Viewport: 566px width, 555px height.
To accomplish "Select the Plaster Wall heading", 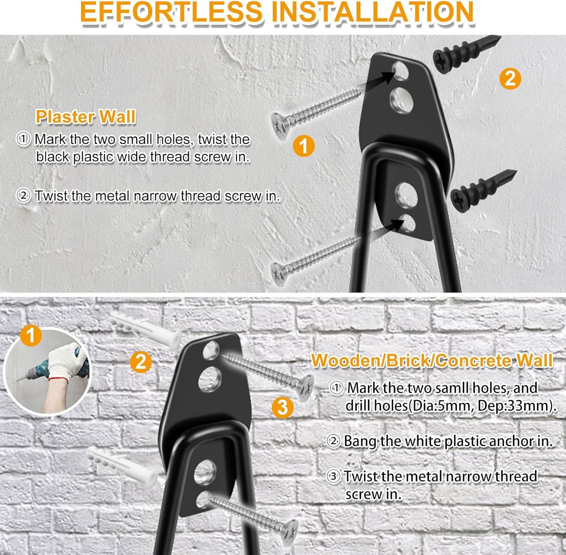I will tap(85, 117).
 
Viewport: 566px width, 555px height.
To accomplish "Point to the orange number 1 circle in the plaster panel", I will tap(304, 146).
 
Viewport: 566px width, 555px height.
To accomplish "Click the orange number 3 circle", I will tap(282, 407).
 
